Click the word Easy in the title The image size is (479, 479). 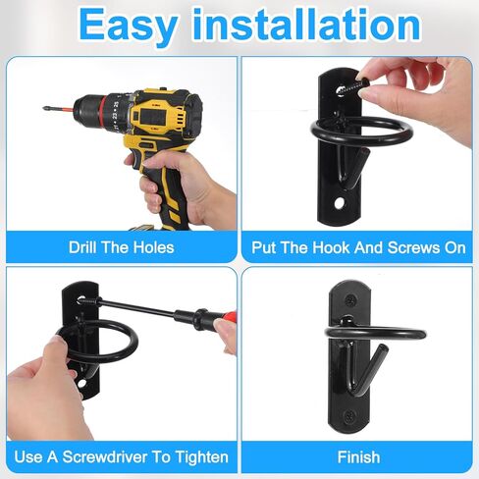129,26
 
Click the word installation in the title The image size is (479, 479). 306,24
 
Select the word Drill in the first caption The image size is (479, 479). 83,247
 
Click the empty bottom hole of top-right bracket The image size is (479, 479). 341,203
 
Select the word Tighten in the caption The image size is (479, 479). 201,456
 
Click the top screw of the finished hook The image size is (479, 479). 350,299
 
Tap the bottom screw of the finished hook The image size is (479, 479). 348,415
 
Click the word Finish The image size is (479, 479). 358,456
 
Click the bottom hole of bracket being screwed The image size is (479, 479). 81,383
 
